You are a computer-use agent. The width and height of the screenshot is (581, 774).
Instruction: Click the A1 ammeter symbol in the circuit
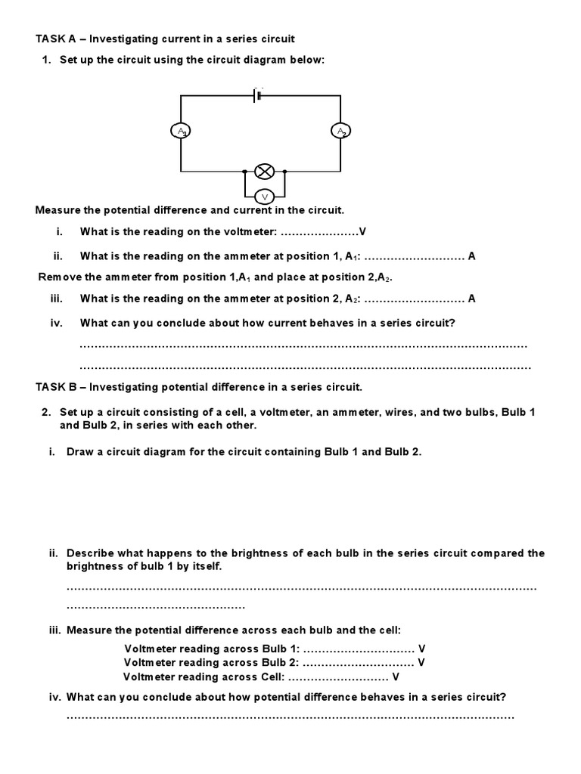181,132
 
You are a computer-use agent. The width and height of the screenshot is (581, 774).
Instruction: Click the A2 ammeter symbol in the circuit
340,132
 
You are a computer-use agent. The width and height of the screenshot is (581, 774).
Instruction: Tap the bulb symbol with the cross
264,170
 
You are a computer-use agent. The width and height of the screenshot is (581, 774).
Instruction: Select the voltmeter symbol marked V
264,197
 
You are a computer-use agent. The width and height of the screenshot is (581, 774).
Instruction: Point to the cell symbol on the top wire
258,96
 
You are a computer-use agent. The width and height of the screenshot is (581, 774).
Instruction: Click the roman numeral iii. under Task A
56,299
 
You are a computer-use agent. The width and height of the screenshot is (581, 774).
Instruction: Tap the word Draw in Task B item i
81,452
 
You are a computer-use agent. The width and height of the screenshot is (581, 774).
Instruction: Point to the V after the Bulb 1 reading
422,649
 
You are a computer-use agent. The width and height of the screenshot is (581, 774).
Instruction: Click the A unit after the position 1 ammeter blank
472,256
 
